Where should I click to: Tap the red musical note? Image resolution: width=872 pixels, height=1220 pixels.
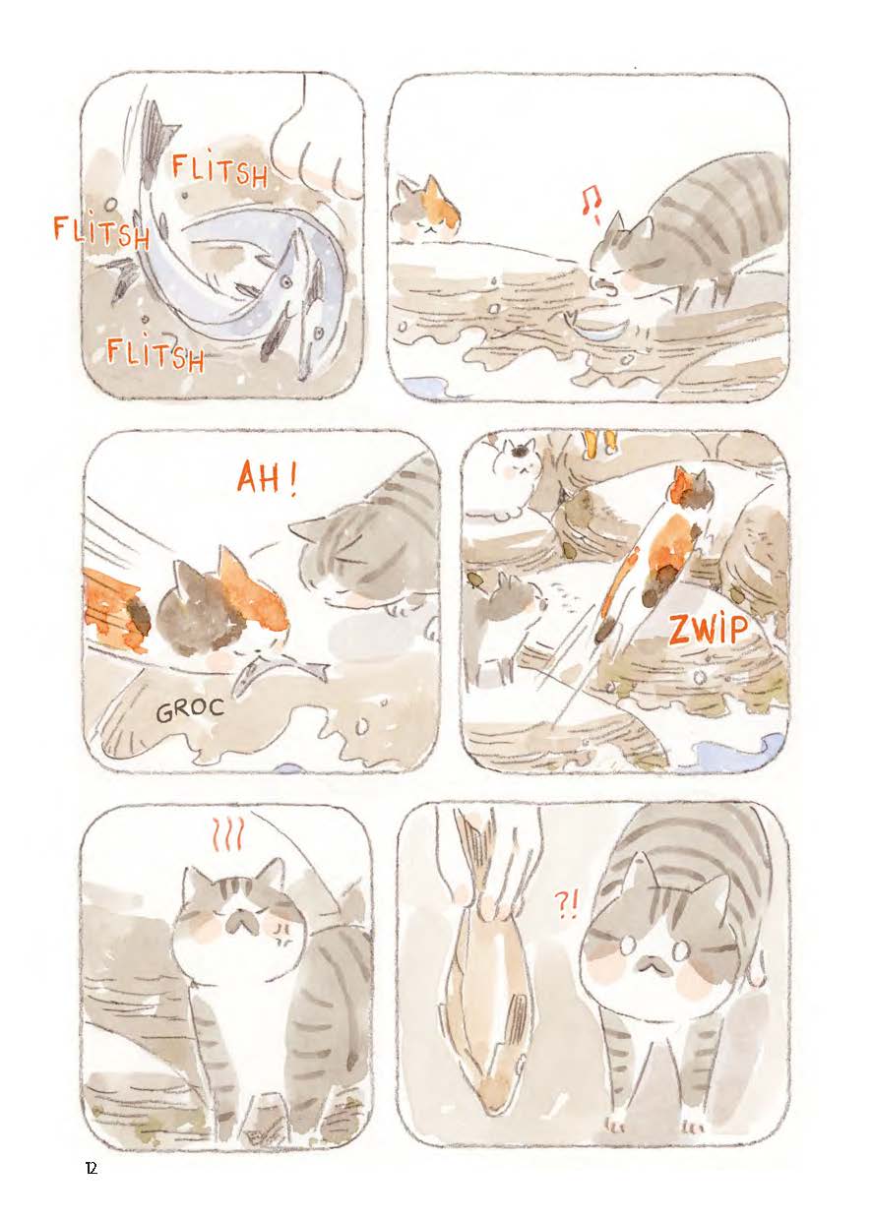coord(590,210)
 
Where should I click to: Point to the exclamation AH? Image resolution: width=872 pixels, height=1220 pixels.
coord(268,479)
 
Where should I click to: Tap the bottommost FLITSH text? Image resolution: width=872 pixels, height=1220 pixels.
coord(156,353)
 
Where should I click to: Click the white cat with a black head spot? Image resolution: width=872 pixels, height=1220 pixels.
coord(512,479)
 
